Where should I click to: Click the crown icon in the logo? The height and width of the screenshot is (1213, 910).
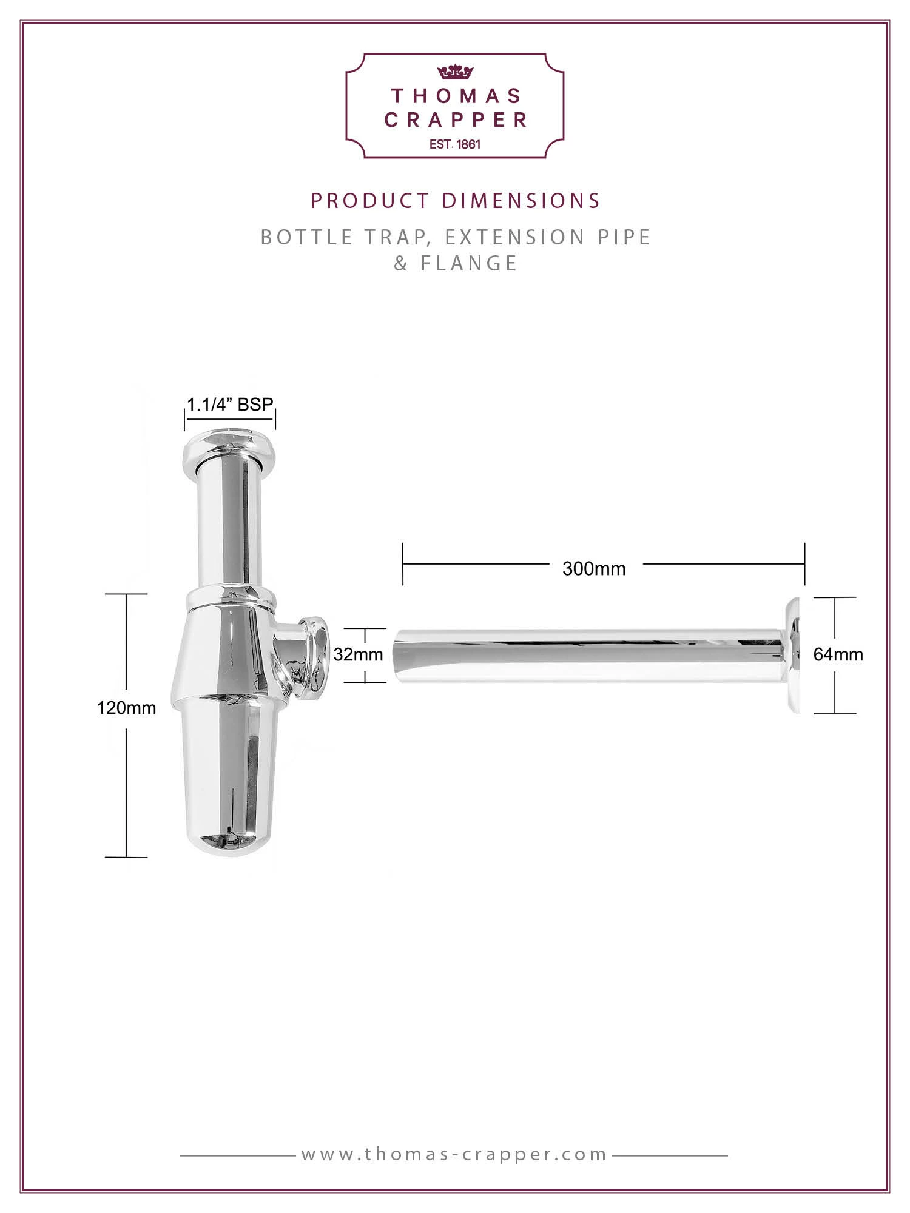point(455,72)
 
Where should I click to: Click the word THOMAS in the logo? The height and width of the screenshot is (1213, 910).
point(456,96)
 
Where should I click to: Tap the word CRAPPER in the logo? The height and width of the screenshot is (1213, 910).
point(456,120)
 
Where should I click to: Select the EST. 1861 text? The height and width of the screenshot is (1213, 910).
point(455,144)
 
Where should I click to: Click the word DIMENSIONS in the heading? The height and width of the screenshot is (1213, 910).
point(521,201)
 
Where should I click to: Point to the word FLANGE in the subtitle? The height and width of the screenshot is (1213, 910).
point(469,263)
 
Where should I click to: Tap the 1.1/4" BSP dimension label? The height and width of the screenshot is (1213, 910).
point(230,405)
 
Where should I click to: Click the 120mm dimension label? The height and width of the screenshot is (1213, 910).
point(126,708)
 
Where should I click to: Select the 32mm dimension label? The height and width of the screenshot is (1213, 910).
point(358,654)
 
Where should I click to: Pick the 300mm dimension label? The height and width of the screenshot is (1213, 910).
point(593,569)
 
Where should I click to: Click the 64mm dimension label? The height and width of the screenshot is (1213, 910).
point(838,654)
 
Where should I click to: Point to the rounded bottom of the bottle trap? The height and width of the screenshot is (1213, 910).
point(229,843)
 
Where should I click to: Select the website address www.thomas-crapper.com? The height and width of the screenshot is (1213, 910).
point(454,1154)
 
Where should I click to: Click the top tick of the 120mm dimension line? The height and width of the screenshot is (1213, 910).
point(126,594)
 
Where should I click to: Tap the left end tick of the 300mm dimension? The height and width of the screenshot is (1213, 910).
point(403,564)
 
